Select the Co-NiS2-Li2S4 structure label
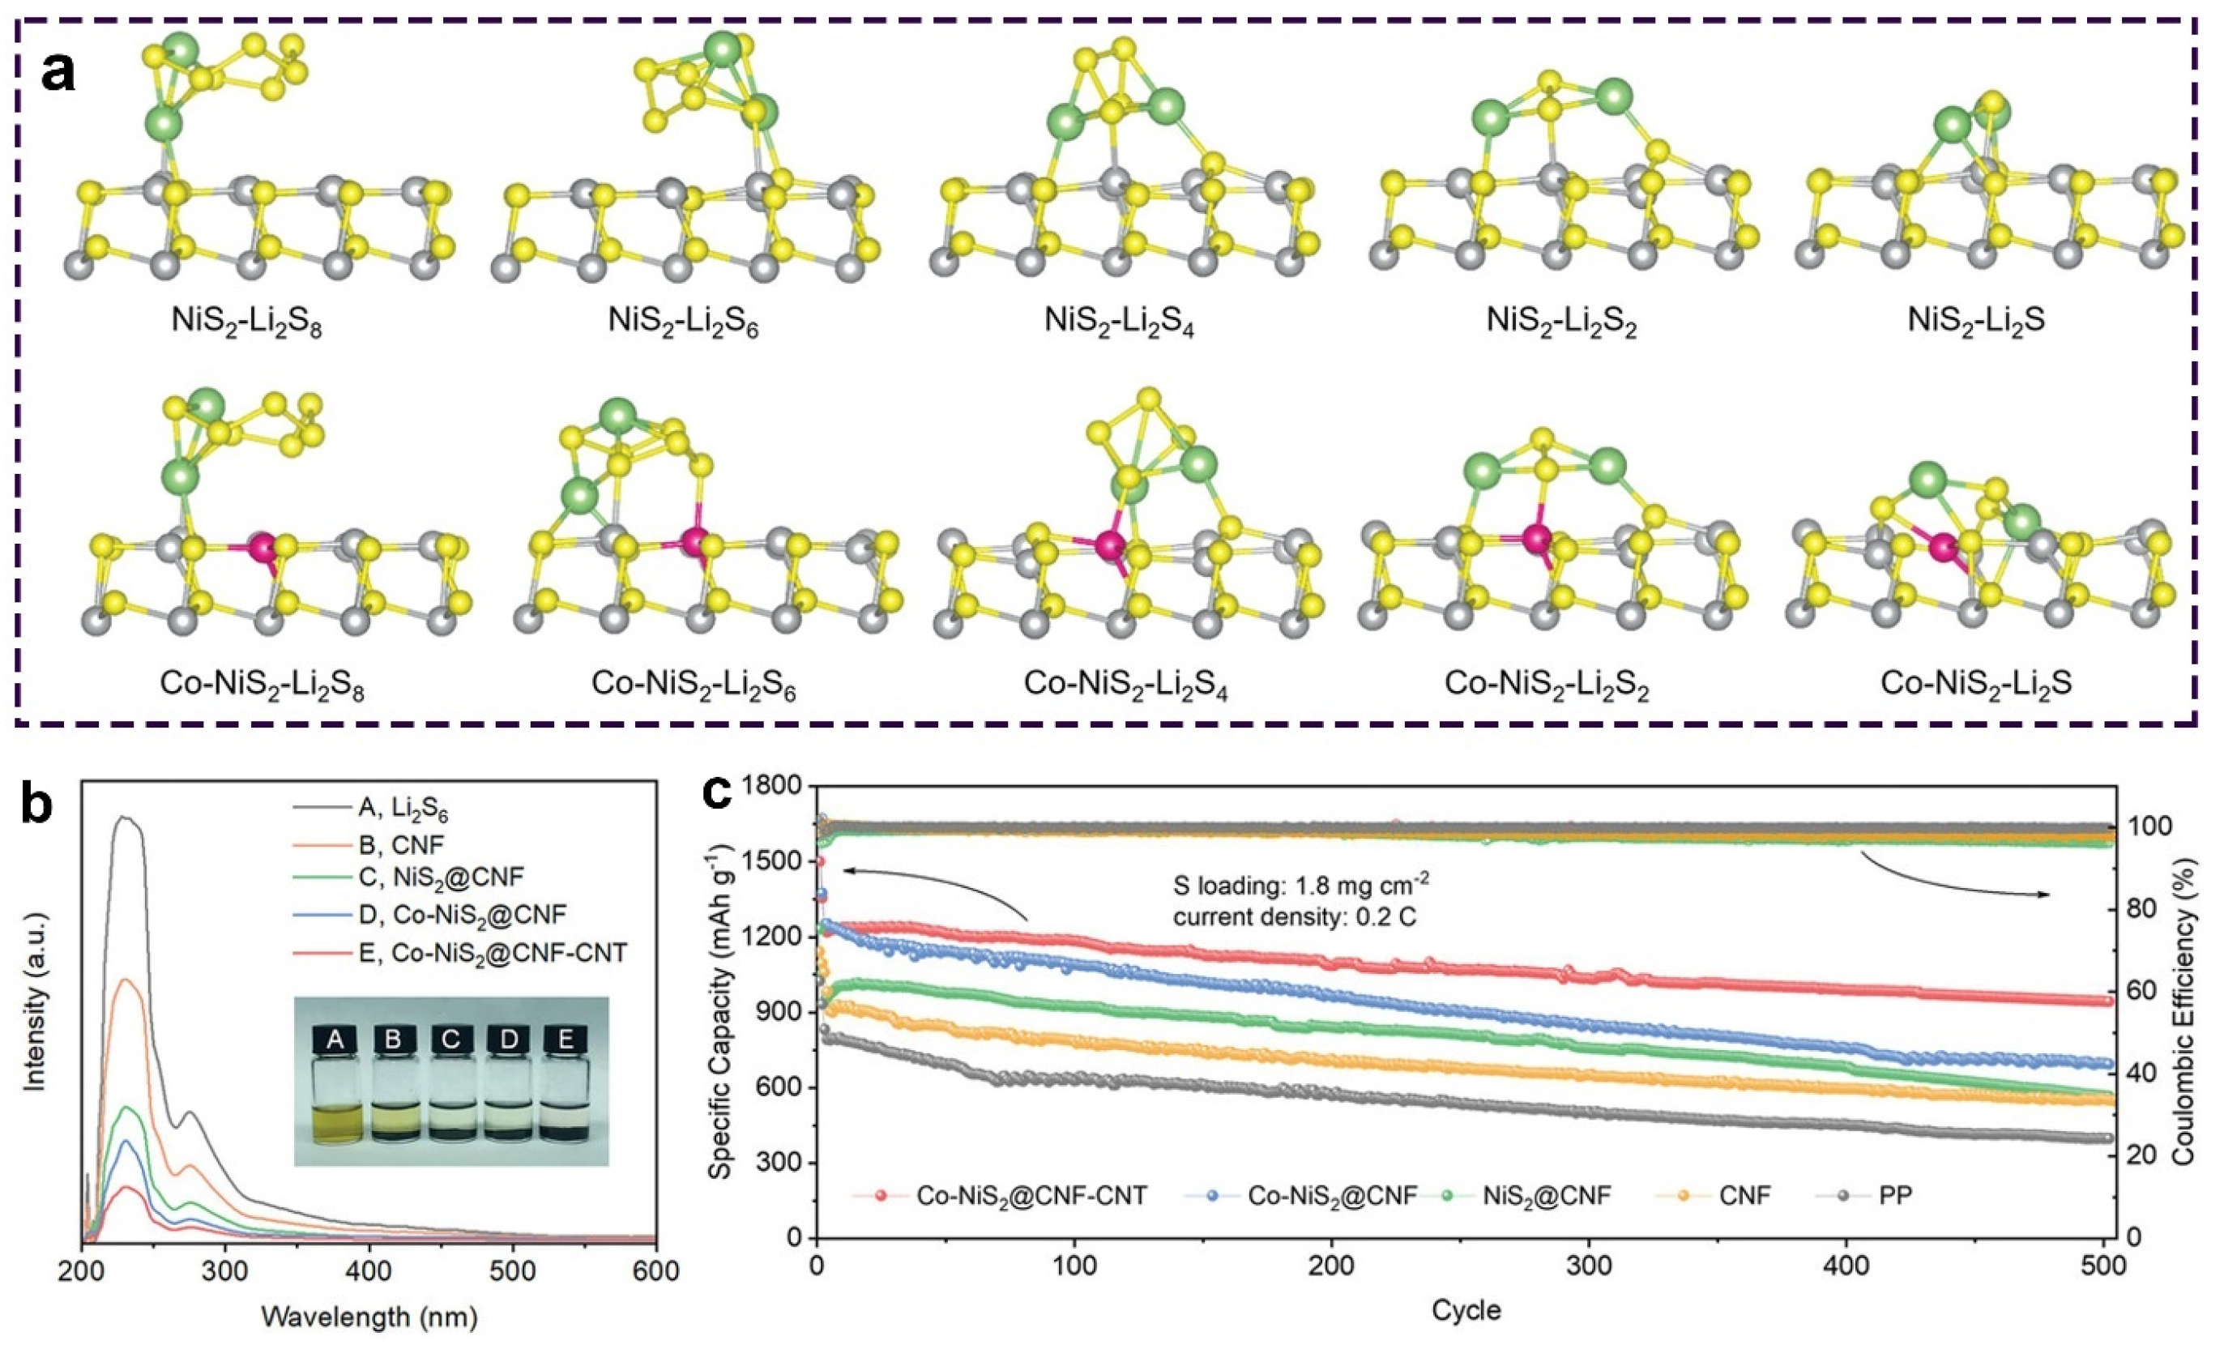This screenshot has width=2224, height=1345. coord(1125,684)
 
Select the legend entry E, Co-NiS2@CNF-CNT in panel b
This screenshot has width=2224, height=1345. coord(491,952)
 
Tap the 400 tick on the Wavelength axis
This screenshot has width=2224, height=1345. coord(369,1272)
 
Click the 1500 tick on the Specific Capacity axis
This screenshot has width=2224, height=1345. coord(775,862)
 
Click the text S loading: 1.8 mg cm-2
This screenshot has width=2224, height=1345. coord(1300,886)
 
